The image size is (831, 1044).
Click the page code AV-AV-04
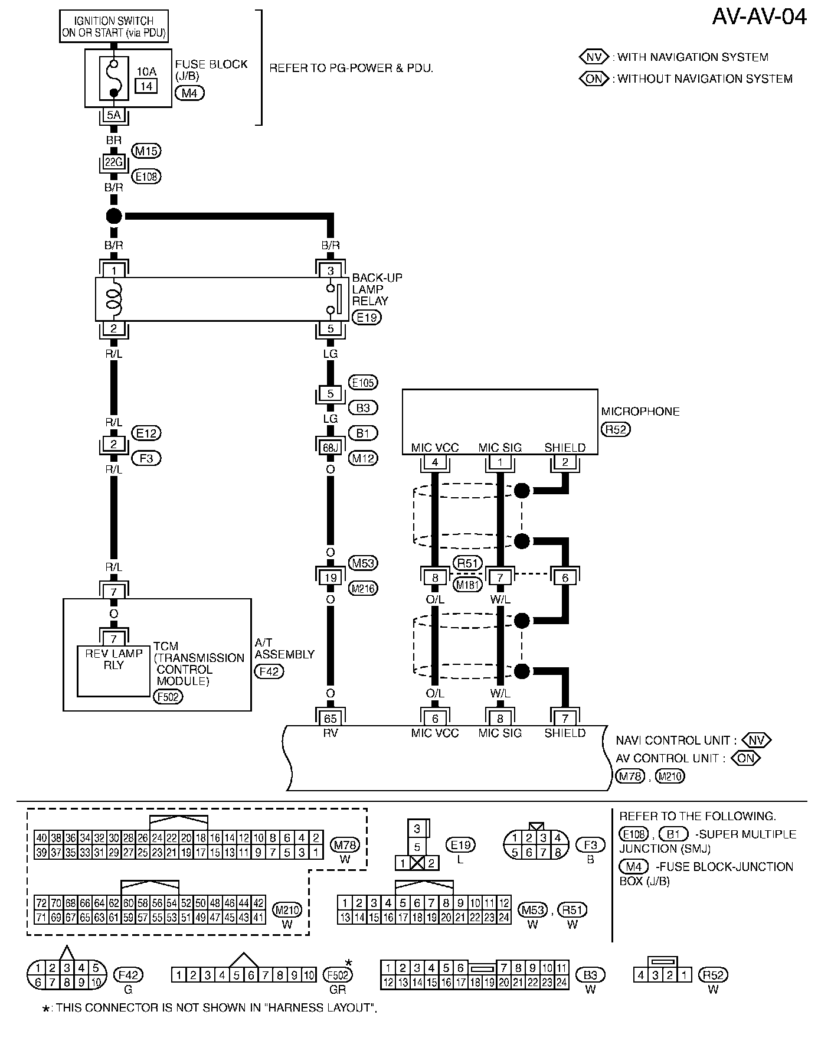tap(759, 17)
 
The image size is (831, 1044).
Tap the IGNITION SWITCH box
tap(114, 27)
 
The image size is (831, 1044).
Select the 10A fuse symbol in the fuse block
tap(114, 78)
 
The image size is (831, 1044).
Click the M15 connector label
tap(146, 151)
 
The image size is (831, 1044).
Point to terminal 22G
tap(113, 161)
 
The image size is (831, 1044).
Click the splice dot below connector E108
tap(114, 216)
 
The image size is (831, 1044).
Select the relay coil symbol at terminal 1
tap(114, 299)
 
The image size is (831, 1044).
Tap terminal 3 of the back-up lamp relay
tap(331, 271)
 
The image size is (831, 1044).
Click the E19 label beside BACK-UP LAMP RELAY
tap(367, 318)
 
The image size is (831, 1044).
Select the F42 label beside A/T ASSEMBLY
tap(269, 671)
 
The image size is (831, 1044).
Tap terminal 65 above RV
tap(331, 718)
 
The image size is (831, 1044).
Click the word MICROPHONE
tap(640, 412)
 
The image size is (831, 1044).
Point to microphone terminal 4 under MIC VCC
tap(435, 462)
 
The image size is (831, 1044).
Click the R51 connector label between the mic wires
tap(467, 563)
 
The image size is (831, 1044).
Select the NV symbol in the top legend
tap(594, 57)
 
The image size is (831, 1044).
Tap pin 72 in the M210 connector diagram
tap(41, 903)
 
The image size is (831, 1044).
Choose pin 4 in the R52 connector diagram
tap(641, 975)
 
